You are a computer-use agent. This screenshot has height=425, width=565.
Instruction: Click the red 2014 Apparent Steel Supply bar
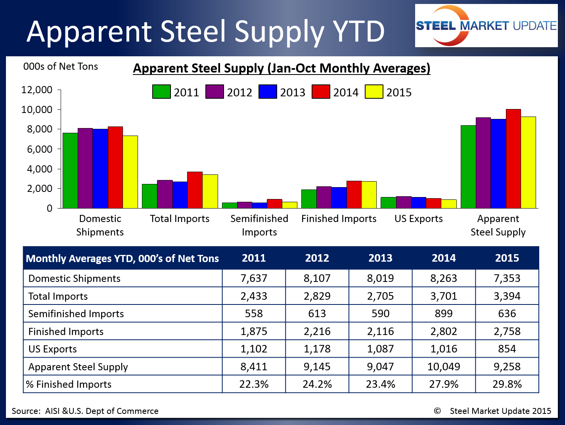point(513,159)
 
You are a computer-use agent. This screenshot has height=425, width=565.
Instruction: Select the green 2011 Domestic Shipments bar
point(70,170)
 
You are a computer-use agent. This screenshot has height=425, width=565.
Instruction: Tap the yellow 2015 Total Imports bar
point(210,191)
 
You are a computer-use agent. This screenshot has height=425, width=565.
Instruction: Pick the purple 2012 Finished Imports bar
point(324,197)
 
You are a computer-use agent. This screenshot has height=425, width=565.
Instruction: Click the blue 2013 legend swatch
point(268,92)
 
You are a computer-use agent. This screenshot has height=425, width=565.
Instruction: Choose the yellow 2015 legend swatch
point(374,92)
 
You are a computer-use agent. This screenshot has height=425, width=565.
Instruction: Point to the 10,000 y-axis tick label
point(37,109)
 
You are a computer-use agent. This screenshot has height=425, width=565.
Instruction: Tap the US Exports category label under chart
point(418,219)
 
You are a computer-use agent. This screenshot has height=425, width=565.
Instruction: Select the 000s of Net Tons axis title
point(61,67)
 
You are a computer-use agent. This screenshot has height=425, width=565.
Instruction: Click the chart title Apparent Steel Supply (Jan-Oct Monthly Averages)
point(282,68)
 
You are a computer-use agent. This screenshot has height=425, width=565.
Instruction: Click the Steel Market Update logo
point(486,26)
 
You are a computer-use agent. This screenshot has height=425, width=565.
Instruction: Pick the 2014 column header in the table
point(444,258)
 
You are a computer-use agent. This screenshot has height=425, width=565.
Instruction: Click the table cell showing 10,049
point(444,367)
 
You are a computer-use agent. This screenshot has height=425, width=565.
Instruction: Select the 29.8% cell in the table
point(507,384)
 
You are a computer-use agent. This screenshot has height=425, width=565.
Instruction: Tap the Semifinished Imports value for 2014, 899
point(444,314)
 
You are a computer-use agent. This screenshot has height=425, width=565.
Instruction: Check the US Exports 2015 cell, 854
point(507,349)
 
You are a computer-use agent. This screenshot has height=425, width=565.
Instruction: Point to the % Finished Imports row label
point(69,384)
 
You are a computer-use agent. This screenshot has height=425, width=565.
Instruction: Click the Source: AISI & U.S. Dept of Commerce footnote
point(85,411)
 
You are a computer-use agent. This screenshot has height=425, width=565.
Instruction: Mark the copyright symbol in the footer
point(437,411)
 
